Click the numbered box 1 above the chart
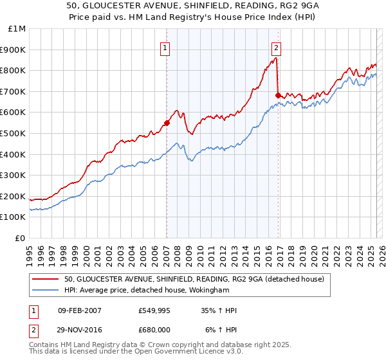coord(165,47)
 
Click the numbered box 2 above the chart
coord(276,47)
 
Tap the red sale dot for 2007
coord(167,123)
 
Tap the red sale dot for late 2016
coord(278,95)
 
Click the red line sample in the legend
coord(46,279)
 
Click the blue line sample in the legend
coord(46,290)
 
